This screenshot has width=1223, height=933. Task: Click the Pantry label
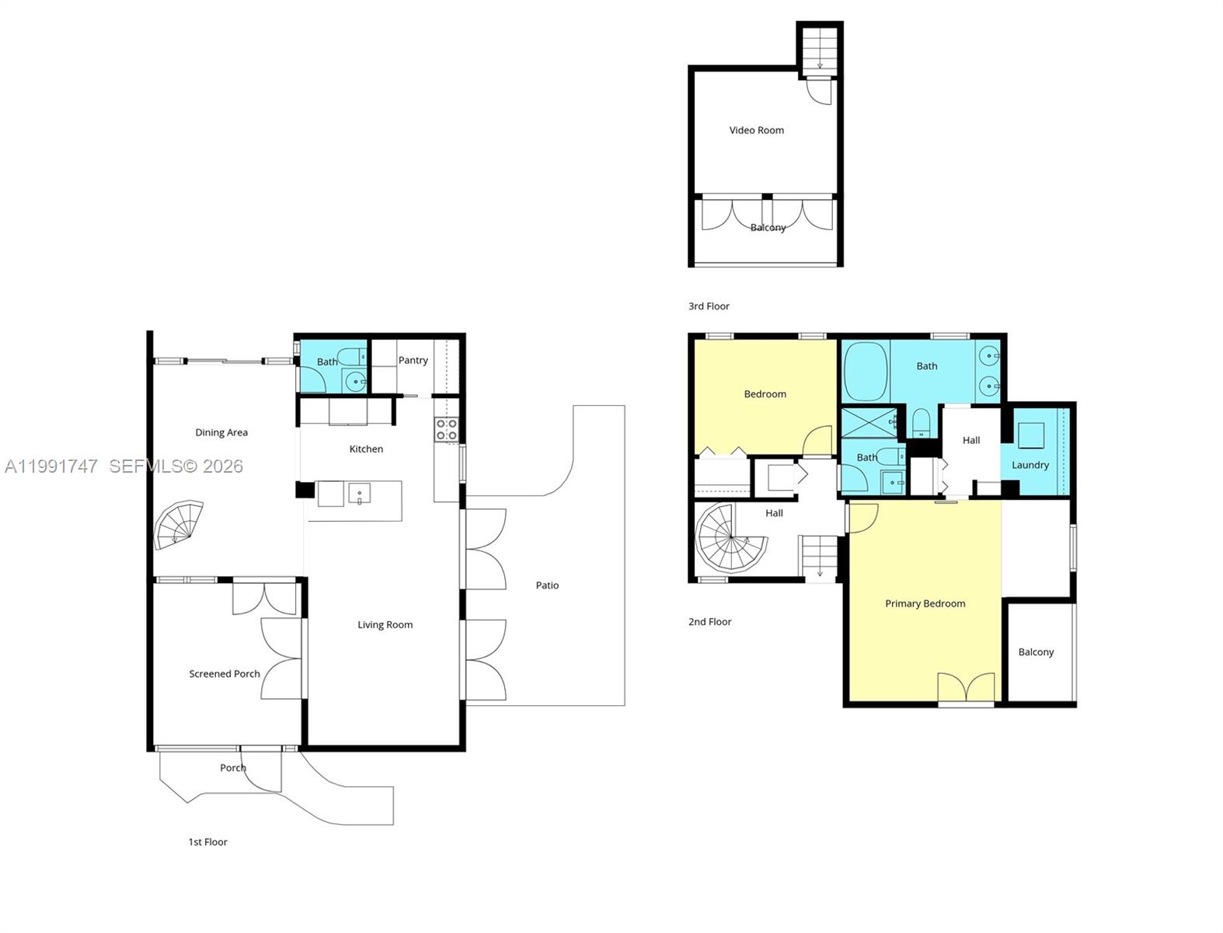pos(413,360)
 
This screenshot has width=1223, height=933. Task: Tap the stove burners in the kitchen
pos(446,429)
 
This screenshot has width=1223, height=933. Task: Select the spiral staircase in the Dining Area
pos(179,526)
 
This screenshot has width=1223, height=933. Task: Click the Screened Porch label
pos(225,674)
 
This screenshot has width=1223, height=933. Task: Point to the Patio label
pos(547,585)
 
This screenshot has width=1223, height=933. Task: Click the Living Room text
pos(385,624)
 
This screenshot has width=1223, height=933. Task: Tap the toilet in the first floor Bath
pos(352,358)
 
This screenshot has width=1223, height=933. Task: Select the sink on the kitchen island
pos(360,494)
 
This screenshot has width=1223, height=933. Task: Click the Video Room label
pos(756,130)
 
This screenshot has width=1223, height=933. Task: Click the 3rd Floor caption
pos(709,306)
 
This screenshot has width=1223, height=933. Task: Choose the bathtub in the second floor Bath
pos(865,370)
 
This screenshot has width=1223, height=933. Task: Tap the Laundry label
pos(1030,465)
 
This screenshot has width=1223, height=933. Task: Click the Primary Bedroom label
pos(925,603)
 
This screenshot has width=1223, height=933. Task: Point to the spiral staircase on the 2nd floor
pos(730,537)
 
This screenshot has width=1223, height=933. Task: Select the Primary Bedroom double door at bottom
pos(966,688)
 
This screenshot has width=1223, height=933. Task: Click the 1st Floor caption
pos(207,842)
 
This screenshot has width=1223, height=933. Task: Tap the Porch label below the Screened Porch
pos(232,767)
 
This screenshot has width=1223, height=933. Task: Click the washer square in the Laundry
pos(1031,435)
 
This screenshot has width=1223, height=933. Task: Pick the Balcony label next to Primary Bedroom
pos(1036,652)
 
